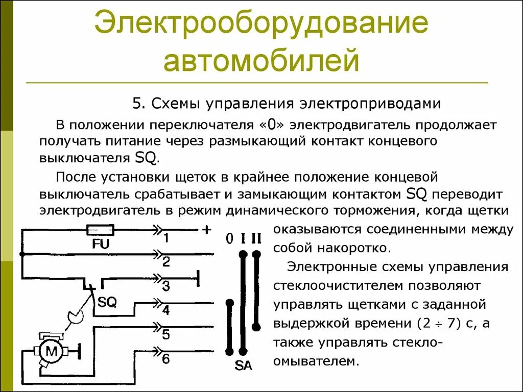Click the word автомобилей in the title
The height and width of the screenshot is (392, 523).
coord(261,60)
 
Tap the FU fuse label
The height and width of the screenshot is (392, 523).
coord(101,244)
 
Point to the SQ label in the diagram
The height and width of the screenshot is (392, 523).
coord(107,302)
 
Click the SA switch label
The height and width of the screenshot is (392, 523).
coord(243,365)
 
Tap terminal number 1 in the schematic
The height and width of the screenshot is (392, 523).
coord(166,238)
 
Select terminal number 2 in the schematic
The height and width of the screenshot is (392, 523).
coord(166,262)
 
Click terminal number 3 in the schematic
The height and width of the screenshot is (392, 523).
coord(166,286)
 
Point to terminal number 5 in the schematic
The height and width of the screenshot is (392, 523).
coord(166,334)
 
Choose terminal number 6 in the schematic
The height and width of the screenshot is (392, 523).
coord(166,358)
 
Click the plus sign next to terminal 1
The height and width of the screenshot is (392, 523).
coord(206,230)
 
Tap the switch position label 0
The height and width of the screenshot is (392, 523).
coord(229,238)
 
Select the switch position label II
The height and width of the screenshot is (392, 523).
coord(256,238)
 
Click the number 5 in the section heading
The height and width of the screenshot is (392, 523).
coord(136,104)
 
